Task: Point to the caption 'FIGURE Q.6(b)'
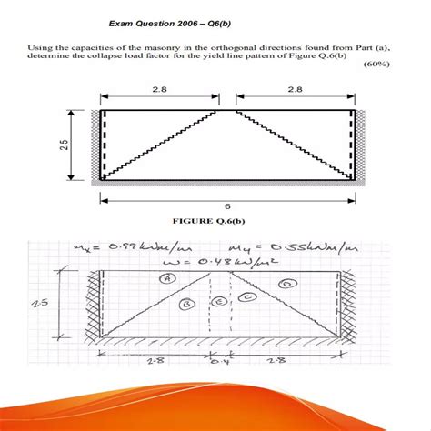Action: (x=215, y=220)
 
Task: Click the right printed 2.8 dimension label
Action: (x=294, y=88)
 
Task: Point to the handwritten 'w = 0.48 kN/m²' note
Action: (x=209, y=262)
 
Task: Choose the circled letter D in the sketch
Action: (x=286, y=285)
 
